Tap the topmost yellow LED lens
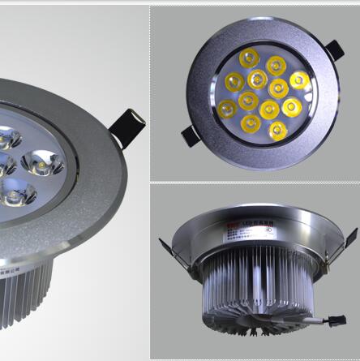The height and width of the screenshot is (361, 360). pos(249,58)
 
